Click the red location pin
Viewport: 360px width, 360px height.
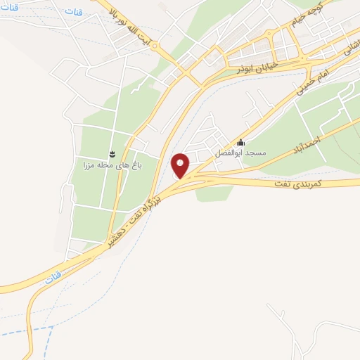pos(181,165)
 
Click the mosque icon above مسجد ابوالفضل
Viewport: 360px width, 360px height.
pos(241,142)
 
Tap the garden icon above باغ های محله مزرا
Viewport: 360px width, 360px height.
pos(111,153)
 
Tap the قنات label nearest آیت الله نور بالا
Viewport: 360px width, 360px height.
pos(73,12)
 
